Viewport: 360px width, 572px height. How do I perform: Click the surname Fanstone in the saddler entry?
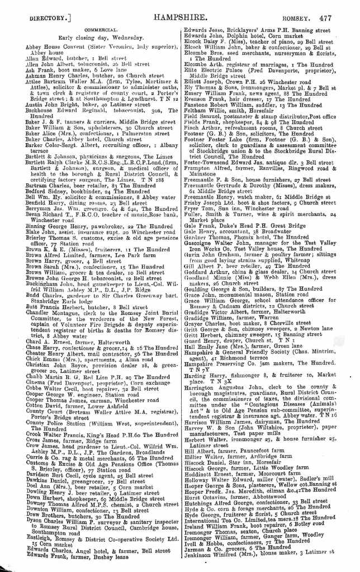pos(200,104)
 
